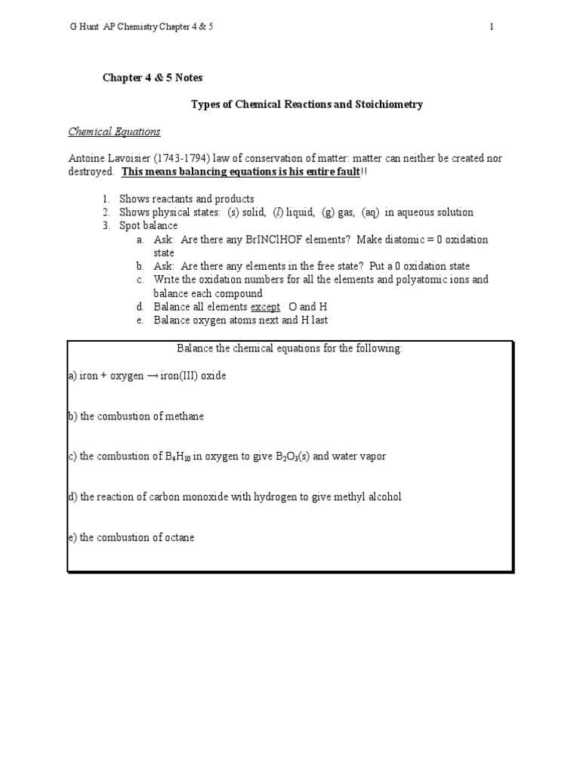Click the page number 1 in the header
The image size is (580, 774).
coord(492,27)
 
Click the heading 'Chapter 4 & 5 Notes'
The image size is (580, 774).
coord(153,78)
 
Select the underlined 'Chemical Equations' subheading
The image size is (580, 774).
coord(114,132)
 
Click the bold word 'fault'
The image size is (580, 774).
coord(344,172)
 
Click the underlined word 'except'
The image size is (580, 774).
coord(265,307)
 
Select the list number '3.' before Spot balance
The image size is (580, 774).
coord(106,226)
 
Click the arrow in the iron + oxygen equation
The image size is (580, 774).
coord(155,376)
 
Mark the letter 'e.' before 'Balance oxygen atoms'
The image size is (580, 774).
coord(140,320)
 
